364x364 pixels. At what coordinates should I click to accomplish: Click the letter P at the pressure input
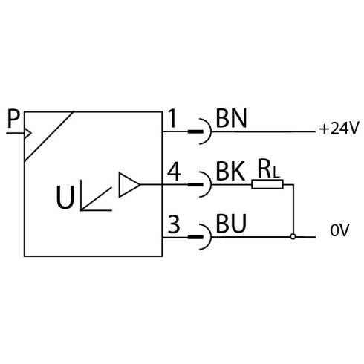(13, 119)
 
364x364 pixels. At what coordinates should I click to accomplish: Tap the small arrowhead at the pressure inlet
(28, 133)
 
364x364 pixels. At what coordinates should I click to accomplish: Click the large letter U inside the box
(65, 197)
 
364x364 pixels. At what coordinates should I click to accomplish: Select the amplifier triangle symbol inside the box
(129, 185)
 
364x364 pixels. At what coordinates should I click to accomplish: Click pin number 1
(172, 118)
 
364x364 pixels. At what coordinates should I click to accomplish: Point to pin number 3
(174, 224)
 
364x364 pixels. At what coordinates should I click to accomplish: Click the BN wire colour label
(232, 118)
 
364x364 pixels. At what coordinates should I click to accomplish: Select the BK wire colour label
(230, 171)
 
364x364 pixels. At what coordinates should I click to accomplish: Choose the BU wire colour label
(231, 224)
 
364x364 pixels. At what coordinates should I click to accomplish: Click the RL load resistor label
(268, 169)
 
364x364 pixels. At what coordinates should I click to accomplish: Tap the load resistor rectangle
(267, 184)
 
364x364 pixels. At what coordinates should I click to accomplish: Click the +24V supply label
(339, 129)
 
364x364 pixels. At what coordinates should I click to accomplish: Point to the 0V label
(339, 230)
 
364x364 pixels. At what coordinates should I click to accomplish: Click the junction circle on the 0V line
(293, 237)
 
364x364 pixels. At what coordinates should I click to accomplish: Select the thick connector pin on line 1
(195, 131)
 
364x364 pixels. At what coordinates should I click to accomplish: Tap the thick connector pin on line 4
(195, 184)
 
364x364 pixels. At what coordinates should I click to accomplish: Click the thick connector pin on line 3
(195, 237)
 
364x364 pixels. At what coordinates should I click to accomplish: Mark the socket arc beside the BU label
(210, 237)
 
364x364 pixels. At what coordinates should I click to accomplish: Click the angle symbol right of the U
(96, 195)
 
